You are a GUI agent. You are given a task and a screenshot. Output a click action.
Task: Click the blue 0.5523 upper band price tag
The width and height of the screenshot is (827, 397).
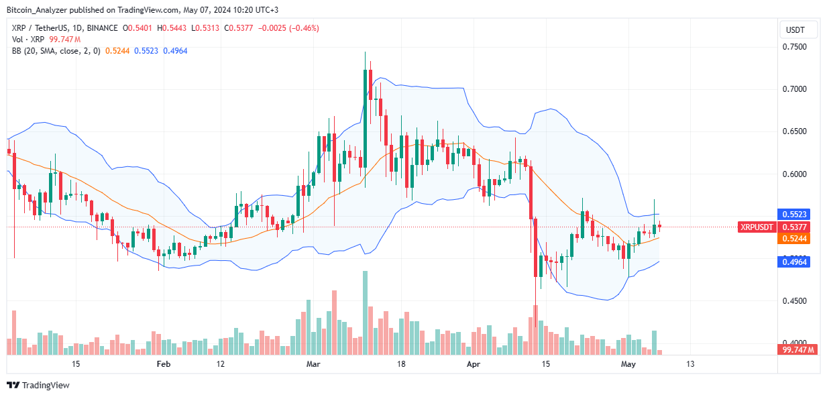797,215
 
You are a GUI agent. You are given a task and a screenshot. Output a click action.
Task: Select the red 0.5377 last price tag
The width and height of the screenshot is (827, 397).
797,227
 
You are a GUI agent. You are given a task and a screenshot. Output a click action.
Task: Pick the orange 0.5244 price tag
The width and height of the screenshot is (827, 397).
797,239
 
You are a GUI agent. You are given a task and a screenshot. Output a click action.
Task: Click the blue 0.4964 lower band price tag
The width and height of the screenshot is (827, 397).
797,262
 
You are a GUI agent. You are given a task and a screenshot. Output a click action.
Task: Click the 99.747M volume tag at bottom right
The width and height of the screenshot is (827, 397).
797,350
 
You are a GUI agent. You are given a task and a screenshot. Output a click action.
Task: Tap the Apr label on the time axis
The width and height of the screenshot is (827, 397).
474,364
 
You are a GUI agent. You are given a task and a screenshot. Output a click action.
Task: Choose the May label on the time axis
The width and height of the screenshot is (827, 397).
628,364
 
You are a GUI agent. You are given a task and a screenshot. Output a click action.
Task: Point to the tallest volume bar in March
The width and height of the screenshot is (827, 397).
365,313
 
